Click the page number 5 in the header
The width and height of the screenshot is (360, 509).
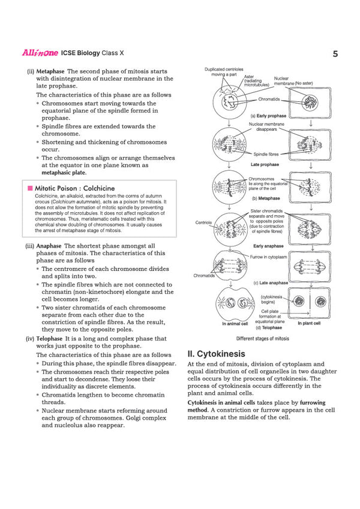(335, 54)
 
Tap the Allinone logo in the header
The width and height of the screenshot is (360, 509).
(40, 53)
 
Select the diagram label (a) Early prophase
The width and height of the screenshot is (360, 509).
(271, 116)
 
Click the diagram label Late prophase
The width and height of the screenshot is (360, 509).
(265, 164)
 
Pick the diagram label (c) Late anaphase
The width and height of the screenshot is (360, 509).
(271, 282)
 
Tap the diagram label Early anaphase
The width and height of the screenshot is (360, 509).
(269, 246)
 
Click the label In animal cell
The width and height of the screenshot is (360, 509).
(235, 324)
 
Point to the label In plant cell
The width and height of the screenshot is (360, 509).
(309, 323)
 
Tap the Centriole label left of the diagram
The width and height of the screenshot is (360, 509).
(203, 222)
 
